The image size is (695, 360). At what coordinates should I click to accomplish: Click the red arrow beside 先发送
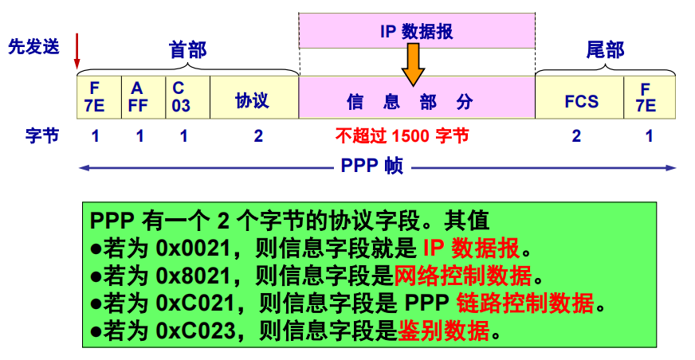pyautogui.click(x=77, y=52)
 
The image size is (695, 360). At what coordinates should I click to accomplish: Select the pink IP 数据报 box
pyautogui.click(x=416, y=31)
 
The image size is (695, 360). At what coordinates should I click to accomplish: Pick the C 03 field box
pyautogui.click(x=187, y=96)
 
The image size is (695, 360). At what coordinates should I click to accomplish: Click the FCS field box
pyautogui.click(x=580, y=100)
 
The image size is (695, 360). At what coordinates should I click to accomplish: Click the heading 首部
pyautogui.click(x=188, y=51)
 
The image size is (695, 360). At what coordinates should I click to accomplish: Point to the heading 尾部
pyautogui.click(x=605, y=50)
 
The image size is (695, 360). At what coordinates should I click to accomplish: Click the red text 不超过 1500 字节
pyautogui.click(x=402, y=135)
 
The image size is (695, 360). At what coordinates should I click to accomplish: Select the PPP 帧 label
pyautogui.click(x=373, y=166)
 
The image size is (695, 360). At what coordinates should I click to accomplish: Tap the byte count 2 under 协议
pyautogui.click(x=258, y=135)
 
